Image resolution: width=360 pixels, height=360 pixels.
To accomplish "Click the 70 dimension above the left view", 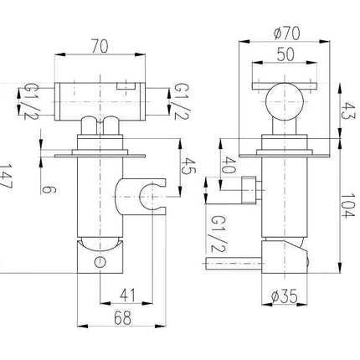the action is pos(100,46).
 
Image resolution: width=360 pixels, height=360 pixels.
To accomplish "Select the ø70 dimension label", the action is pos(287,33).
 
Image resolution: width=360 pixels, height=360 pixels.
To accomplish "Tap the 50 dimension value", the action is pos(285,54).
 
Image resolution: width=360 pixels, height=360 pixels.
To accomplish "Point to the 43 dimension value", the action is pos(348,111).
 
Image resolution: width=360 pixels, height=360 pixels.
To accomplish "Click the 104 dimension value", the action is pos(348,206).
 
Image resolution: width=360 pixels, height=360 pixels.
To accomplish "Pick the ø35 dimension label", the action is pos(284,296).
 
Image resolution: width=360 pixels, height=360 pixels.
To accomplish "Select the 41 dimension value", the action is pos(127,296).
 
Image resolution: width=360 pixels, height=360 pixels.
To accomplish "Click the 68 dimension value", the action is pos(122,317).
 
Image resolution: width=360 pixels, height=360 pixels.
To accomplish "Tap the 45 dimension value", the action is pos(189,166).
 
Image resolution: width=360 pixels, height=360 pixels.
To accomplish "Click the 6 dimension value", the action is pos(49,190).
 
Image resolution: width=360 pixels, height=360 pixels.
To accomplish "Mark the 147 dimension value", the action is pos(5,177).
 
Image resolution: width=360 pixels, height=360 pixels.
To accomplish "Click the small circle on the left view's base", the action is pos(100,262).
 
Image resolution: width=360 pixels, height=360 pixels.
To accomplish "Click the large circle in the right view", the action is pos(285,101).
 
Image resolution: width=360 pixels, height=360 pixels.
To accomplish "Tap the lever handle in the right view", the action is pos(234,263).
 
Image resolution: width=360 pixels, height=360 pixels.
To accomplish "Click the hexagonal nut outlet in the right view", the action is pos(249,190).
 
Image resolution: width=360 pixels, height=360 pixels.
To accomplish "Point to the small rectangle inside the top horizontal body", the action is pos(126,86).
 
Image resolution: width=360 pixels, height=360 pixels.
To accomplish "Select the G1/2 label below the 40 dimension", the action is pos(219,234).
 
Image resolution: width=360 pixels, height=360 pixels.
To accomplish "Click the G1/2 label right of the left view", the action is pos(182,101).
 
